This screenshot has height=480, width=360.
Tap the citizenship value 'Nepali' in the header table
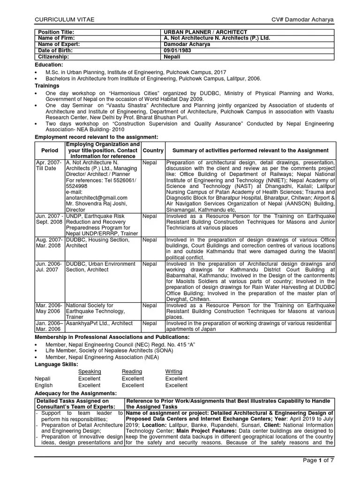tap(172, 56)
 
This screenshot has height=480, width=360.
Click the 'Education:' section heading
tap(49, 65)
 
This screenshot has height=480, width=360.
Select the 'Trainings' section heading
tap(47, 86)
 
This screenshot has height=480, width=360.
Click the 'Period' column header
tap(50, 150)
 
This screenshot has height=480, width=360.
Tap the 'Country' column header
tap(153, 150)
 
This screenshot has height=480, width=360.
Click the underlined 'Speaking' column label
tap(89, 371)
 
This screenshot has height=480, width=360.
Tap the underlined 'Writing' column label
tap(174, 371)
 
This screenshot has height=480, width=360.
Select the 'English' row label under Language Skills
tap(44, 385)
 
